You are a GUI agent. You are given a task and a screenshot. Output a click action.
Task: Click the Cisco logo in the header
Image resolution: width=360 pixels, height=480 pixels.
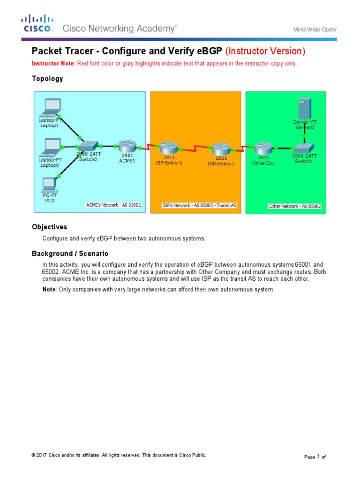coord(37,23)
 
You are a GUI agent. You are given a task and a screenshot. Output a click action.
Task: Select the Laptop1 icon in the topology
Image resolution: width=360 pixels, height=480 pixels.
coord(49,107)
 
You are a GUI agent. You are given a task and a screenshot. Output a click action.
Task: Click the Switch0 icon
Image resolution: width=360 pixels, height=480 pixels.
coord(89,146)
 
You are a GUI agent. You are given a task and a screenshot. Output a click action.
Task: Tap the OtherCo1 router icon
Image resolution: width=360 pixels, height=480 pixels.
coord(263,149)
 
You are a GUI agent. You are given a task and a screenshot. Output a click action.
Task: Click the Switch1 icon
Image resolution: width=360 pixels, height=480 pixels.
coord(305,148)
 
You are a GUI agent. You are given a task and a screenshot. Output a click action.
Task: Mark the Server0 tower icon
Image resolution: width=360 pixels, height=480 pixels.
coord(305,108)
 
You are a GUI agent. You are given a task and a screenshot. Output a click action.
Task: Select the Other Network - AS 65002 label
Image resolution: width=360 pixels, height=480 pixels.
coord(294,206)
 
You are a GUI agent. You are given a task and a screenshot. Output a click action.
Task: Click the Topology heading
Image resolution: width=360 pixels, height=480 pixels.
coord(47,79)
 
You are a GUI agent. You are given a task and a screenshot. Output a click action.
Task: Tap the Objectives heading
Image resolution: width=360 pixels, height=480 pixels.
coord(49,227)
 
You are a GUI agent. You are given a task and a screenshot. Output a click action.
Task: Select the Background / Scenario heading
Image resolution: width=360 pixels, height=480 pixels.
coord(70,254)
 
